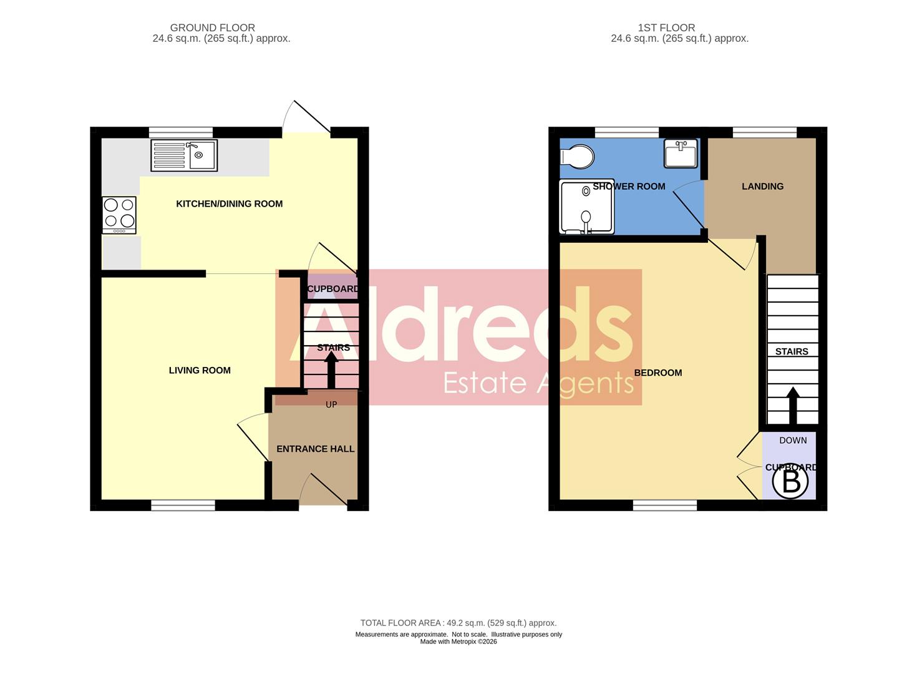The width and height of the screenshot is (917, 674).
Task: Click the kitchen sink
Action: coord(184,155)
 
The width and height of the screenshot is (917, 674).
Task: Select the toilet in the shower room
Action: coord(577,157)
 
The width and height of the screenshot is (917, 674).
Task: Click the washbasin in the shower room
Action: coord(681,154)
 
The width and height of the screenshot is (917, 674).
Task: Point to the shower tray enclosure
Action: coord(586,207)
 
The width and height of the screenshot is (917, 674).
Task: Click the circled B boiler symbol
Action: coord(790,482)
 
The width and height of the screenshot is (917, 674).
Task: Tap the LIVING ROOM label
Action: coord(200,370)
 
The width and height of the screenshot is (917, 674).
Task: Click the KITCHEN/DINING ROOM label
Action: coord(229,203)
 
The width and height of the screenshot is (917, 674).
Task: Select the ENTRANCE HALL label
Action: coord(315,449)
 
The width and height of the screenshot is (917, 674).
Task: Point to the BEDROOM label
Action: coord(657,373)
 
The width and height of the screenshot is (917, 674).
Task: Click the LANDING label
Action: coord(762,186)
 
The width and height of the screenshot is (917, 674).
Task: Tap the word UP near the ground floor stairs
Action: coord(331,404)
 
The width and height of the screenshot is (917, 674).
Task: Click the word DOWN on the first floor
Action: coord(793,440)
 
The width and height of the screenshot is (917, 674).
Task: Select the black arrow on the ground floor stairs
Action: coord(331,371)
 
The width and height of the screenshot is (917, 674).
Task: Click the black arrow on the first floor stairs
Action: coord(793,406)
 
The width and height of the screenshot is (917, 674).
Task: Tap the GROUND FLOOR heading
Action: coord(212,27)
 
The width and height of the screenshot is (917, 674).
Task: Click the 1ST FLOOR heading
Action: coord(666,27)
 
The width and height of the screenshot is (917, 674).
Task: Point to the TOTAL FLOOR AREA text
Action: coord(458,623)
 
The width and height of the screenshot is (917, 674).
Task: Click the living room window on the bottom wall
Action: coord(183,505)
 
